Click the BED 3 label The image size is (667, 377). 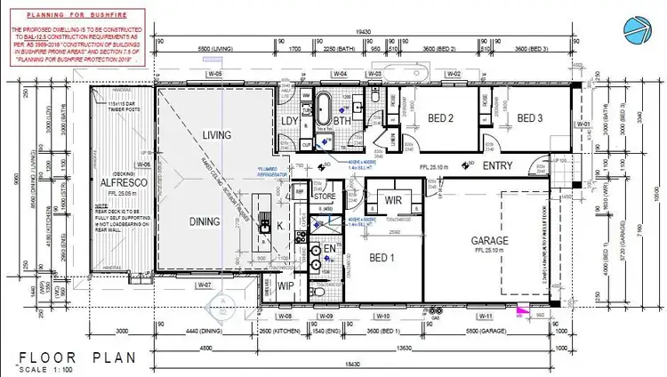pyautogui.click(x=530, y=118)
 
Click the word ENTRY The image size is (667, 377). pyautogui.click(x=498, y=166)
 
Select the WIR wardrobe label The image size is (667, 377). pyautogui.click(x=391, y=199)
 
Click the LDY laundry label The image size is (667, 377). pyautogui.click(x=289, y=122)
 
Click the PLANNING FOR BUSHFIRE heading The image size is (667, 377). pyautogui.click(x=75, y=16)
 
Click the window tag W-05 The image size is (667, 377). pyautogui.click(x=213, y=74)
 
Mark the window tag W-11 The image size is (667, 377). pyautogui.click(x=486, y=316)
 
